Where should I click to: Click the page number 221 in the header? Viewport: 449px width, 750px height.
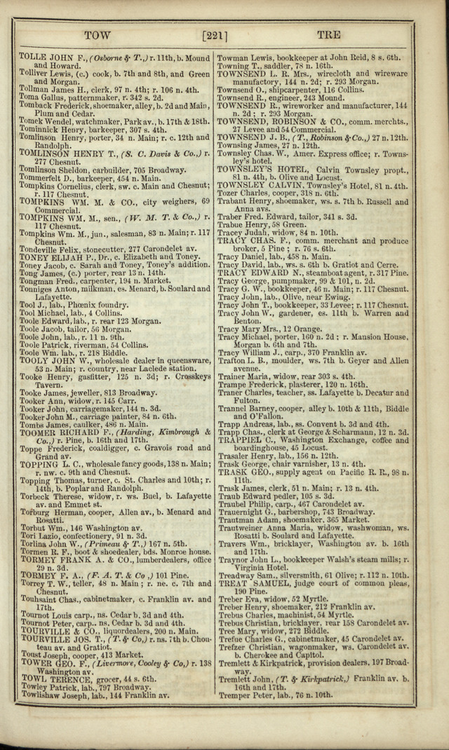click(213, 34)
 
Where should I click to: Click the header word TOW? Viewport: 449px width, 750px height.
click(97, 34)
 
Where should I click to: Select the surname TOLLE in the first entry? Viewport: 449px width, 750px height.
click(32, 57)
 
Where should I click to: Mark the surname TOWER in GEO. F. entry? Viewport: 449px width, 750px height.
click(34, 662)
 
